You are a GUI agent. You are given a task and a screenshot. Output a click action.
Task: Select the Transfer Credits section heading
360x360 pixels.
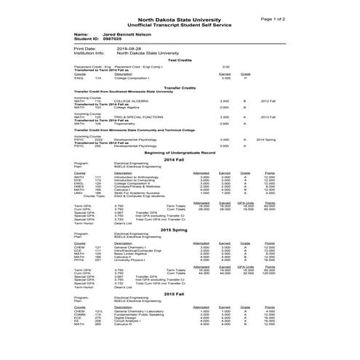pyautogui.click(x=180, y=87)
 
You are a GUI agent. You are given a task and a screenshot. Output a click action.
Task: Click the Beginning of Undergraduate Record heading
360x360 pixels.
pyautogui.click(x=180, y=153)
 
